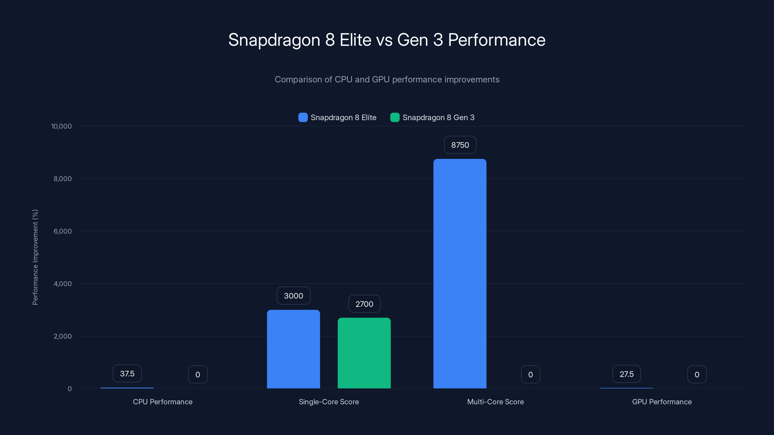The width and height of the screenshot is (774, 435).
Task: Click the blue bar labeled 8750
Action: point(460,273)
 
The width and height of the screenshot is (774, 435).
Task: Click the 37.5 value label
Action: point(127,373)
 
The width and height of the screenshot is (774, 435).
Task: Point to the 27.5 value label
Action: point(626,374)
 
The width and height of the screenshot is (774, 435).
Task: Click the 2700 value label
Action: point(364,304)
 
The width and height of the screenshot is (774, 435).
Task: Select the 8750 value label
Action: point(460,145)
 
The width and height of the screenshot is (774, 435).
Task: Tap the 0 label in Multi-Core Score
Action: point(530,374)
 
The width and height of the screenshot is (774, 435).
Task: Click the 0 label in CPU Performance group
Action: point(198,374)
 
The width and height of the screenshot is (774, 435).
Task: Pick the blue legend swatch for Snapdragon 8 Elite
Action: point(303,117)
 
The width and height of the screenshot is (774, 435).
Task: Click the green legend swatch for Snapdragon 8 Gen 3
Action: point(394,117)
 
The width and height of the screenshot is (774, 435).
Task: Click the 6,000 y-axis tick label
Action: point(62,231)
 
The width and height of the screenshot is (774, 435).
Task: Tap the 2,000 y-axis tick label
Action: point(62,336)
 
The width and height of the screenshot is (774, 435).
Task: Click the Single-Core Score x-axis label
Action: point(329,402)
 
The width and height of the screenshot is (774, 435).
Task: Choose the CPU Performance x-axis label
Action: point(163,402)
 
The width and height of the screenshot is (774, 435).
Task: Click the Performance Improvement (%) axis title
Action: point(35,257)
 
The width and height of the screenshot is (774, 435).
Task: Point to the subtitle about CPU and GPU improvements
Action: point(387,80)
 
